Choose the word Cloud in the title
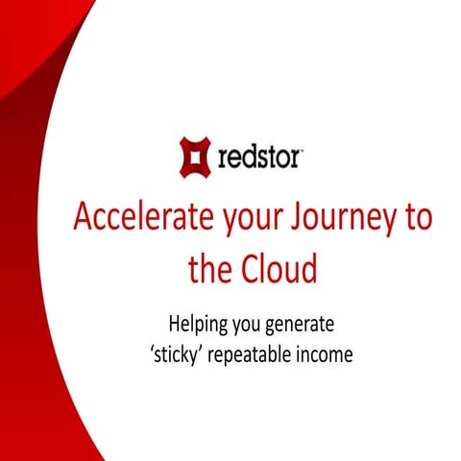coord(280,269)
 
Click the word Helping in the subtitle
coord(200,325)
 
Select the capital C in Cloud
coord(253,269)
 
